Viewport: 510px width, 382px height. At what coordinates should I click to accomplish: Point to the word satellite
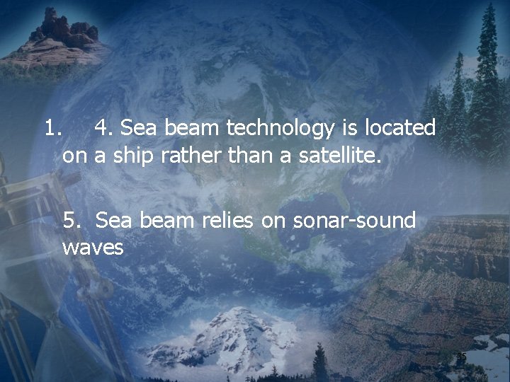click(338, 154)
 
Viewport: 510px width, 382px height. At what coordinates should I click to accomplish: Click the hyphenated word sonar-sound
click(344, 221)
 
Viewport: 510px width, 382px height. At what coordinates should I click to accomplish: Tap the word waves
click(93, 248)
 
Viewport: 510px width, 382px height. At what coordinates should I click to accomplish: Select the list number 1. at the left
click(54, 129)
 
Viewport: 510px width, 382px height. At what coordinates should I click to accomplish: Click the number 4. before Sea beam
click(104, 129)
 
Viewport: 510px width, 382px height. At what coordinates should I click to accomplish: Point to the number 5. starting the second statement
click(74, 221)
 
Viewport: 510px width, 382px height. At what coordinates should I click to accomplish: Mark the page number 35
click(461, 357)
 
